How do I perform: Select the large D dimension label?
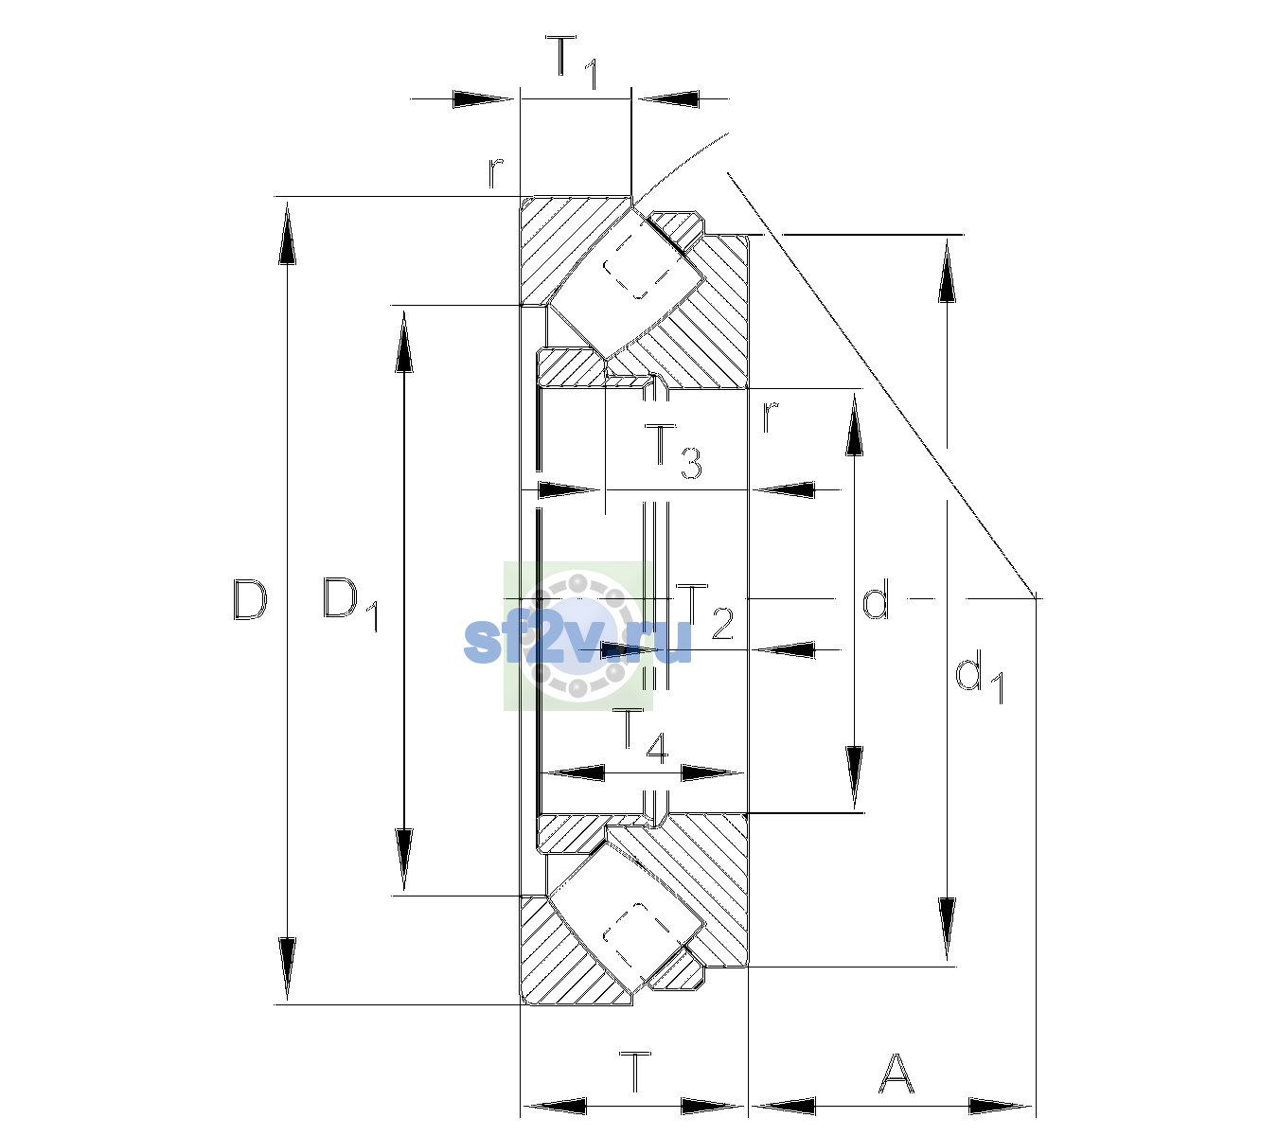pos(250,599)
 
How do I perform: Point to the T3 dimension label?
pos(673,451)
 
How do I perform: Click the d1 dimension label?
pos(979,680)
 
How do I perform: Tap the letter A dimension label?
pos(896,1073)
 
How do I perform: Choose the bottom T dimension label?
pos(635,1072)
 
